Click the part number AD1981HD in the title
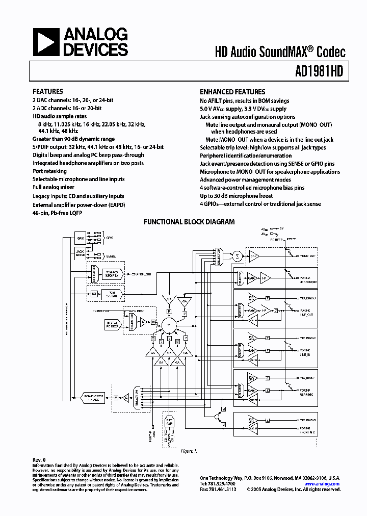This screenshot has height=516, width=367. pos(320,72)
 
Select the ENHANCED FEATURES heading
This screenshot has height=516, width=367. pos(232,92)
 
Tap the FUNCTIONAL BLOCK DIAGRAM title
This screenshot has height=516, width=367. pos(189,222)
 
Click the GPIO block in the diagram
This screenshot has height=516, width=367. pos(81,238)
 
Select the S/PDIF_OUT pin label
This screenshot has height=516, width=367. pos(142,274)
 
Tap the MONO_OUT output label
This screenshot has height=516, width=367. pos(308,255)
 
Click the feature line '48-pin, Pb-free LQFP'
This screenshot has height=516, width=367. pos(57,213)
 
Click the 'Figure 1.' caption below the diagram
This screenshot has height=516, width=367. pos(189,451)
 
